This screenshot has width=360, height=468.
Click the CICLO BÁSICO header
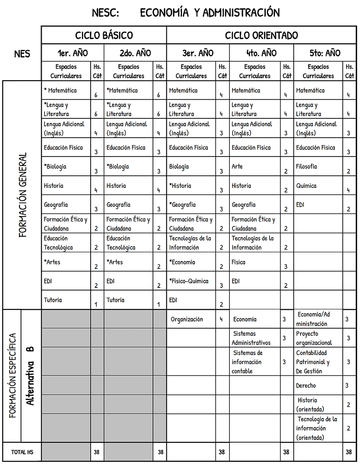104,36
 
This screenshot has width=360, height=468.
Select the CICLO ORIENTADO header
261,36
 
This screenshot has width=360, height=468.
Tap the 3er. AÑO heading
198,53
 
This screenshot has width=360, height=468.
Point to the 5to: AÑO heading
325,53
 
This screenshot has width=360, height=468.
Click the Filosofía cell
306,167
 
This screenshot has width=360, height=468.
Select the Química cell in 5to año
306,186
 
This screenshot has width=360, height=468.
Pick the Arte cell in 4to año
237,167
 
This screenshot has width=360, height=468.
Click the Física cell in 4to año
238,262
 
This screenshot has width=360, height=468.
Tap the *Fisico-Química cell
189,281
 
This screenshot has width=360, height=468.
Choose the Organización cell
187,319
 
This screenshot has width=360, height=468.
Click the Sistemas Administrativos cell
251,338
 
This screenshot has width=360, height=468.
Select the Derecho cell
306,386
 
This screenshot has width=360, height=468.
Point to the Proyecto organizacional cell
314,338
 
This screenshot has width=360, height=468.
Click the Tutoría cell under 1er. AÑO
53,300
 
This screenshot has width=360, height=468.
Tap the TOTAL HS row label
22,452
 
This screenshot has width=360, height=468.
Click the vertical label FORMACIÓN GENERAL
23,195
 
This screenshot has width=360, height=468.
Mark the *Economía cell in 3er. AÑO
182,262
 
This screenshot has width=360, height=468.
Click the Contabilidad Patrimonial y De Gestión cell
313,362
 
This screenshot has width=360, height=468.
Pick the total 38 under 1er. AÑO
96,452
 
